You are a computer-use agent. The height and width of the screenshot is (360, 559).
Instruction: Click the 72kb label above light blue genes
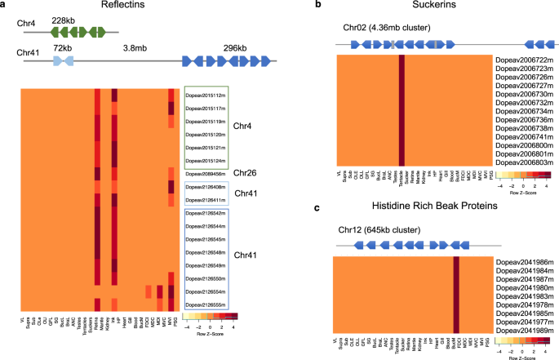pos(63,48)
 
